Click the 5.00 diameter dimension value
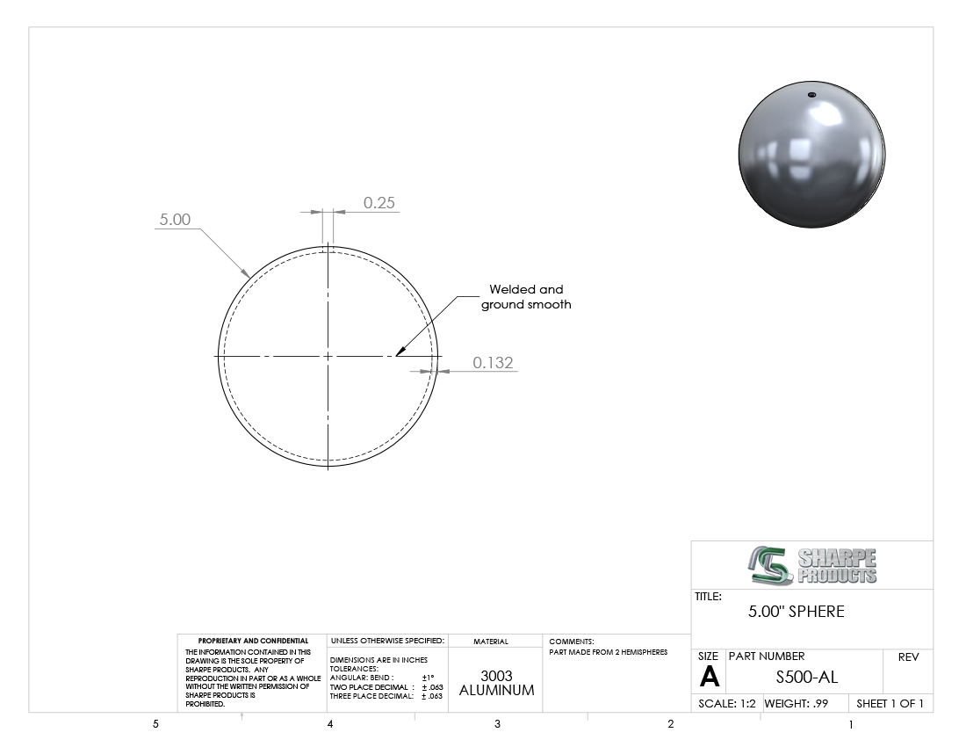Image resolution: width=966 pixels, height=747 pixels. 175,220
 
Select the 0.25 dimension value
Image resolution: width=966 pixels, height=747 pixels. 378,203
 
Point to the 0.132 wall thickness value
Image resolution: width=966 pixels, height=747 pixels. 493,362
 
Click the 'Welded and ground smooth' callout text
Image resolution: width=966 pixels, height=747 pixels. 526,296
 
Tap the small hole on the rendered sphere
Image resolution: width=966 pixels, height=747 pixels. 811,95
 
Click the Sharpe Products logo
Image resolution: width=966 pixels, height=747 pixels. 812,565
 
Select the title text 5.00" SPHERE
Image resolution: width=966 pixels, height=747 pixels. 796,612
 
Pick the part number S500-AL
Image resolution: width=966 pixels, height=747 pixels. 806,678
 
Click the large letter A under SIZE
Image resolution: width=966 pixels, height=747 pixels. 709,677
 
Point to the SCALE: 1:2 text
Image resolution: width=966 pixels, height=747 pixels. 727,704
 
